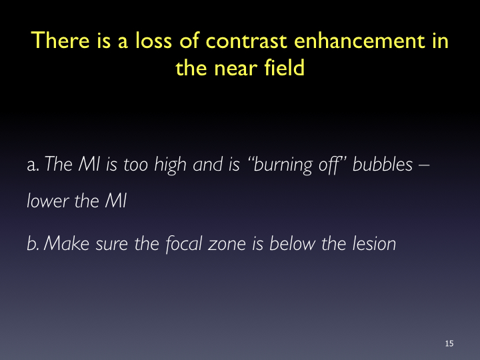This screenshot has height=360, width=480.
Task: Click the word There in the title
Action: tap(60, 40)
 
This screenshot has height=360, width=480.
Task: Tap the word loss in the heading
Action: tap(153, 40)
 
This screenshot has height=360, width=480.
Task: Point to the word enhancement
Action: tap(360, 40)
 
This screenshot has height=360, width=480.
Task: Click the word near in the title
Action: tap(235, 68)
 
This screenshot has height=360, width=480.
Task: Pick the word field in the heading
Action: tap(285, 67)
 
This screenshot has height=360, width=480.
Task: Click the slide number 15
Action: tap(449, 343)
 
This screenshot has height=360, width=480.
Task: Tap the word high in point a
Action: tap(170, 165)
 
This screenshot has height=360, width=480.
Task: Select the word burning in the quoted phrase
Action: tap(283, 165)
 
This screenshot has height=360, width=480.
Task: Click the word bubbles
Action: tap(383, 164)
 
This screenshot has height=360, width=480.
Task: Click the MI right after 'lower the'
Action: tap(116, 201)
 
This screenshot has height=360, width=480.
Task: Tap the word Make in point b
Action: tap(67, 244)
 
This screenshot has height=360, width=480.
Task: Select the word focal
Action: tap(184, 245)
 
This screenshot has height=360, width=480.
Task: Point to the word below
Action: tap(292, 244)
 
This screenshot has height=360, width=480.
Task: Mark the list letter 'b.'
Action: tap(33, 244)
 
